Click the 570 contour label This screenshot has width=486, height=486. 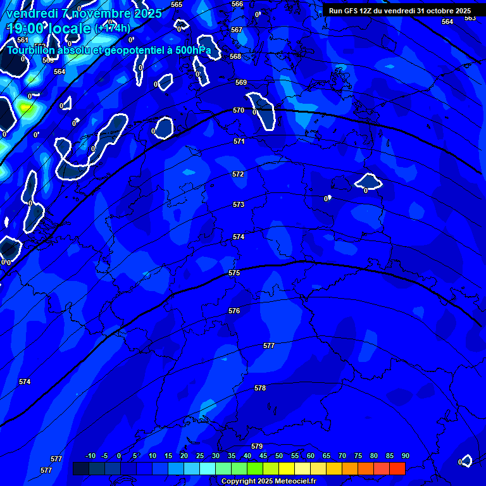click(x=239, y=110)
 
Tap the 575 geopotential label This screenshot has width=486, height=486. click(x=234, y=273)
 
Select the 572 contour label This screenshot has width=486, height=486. click(x=238, y=174)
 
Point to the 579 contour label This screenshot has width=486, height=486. click(x=257, y=446)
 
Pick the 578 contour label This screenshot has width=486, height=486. click(x=260, y=388)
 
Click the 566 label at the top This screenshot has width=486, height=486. click(x=237, y=4)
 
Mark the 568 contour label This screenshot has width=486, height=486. click(x=235, y=56)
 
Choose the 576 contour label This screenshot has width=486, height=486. click(x=234, y=311)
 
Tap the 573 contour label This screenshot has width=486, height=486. click(x=239, y=204)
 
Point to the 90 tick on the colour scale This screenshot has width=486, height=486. click(x=405, y=456)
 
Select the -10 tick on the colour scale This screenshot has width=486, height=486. click(x=90, y=456)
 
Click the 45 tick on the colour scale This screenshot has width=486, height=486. click(x=263, y=456)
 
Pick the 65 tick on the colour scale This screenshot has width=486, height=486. click(x=327, y=456)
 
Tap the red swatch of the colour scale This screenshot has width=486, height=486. click(x=397, y=468)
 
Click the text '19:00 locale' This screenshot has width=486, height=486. click(x=49, y=28)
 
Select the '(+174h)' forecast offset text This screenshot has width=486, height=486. click(x=113, y=28)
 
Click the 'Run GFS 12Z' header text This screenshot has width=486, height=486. click(x=352, y=11)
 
